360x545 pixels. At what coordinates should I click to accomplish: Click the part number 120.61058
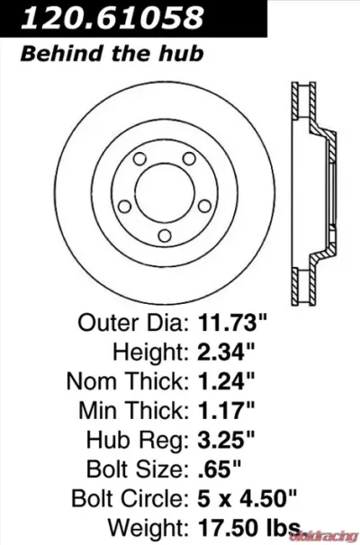pyautogui.click(x=112, y=17)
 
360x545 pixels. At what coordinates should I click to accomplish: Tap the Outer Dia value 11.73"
pyautogui.click(x=232, y=323)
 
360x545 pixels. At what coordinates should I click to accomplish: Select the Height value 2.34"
pyautogui.click(x=226, y=353)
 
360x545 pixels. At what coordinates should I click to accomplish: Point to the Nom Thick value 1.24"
pyautogui.click(x=226, y=381)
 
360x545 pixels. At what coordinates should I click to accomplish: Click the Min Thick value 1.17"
pyautogui.click(x=226, y=410)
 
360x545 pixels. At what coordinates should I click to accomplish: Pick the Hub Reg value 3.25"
pyautogui.click(x=226, y=440)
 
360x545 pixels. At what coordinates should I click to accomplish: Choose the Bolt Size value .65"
pyautogui.click(x=219, y=469)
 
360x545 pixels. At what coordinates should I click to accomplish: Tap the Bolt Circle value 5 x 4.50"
pyautogui.click(x=247, y=498)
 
